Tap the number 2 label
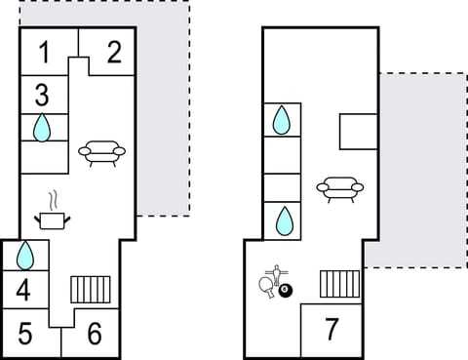113,52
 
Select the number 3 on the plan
42,95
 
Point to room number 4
24,290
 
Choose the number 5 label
25,334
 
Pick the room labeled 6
95,334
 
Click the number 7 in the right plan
331,330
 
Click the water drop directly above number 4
25,256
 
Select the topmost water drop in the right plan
281,119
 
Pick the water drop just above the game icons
283,220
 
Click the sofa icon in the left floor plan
101,152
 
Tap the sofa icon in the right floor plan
339,187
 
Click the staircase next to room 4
90,289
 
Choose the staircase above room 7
340,284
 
